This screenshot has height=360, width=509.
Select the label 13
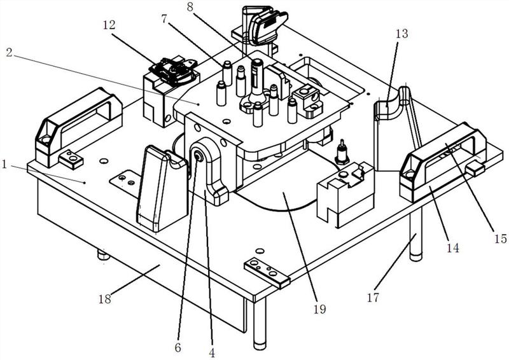pyautogui.click(x=402, y=34)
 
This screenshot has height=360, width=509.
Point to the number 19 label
pyautogui.click(x=319, y=310)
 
